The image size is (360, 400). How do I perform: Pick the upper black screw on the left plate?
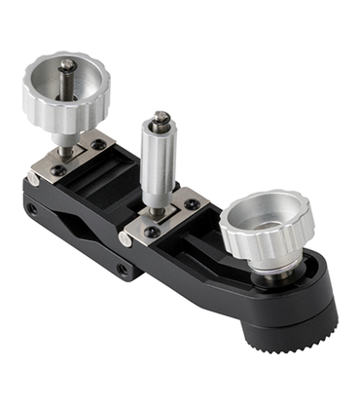point(97,145)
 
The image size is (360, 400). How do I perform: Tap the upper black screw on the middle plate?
point(192,204)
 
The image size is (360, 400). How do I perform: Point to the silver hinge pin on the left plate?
point(34,179)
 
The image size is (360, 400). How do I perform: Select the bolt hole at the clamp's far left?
point(31,207)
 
